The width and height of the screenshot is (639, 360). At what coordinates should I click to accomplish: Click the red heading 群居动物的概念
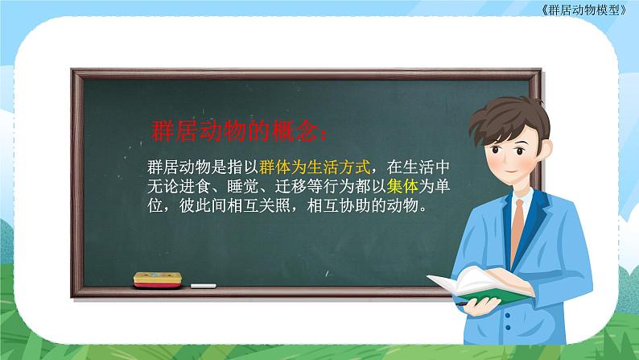(239, 130)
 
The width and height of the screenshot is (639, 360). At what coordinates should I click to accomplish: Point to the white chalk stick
(203, 284)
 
